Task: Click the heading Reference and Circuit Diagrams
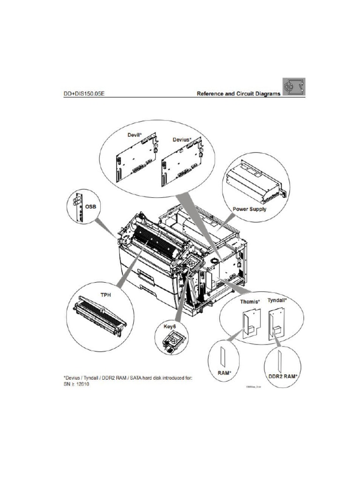238,93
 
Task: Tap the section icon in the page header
294,87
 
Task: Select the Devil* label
135,135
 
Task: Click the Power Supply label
249,209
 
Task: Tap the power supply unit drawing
253,180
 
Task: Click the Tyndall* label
277,299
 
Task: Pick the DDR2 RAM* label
283,376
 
